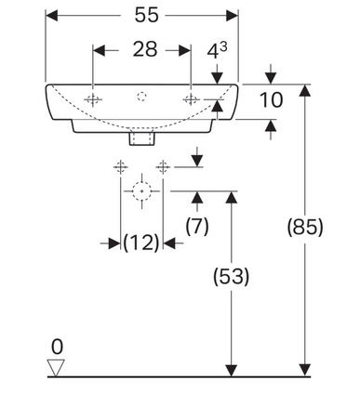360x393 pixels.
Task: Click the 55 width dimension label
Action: click(146, 15)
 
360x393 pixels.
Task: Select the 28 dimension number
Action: click(145, 49)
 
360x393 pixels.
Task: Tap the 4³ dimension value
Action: click(217, 50)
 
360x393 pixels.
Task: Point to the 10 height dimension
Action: click(271, 100)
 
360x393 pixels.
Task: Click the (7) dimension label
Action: click(197, 226)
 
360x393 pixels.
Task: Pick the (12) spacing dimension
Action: click(141, 242)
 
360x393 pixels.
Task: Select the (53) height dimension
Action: click(231, 276)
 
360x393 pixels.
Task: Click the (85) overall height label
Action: click(305, 227)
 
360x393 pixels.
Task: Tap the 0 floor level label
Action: click(57, 347)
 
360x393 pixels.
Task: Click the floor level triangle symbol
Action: click(56, 368)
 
